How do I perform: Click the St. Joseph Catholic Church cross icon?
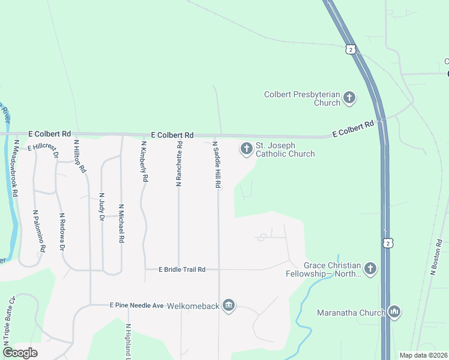246,148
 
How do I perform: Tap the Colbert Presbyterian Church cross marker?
349,97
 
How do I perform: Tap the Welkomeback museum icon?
228,306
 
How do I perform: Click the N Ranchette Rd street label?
178,164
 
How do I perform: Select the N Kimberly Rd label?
144,161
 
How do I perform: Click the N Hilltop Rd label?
79,157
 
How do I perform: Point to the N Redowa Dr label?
62,232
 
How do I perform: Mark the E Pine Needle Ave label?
136,305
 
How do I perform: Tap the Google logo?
20,353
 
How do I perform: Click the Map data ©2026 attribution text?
423,355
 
